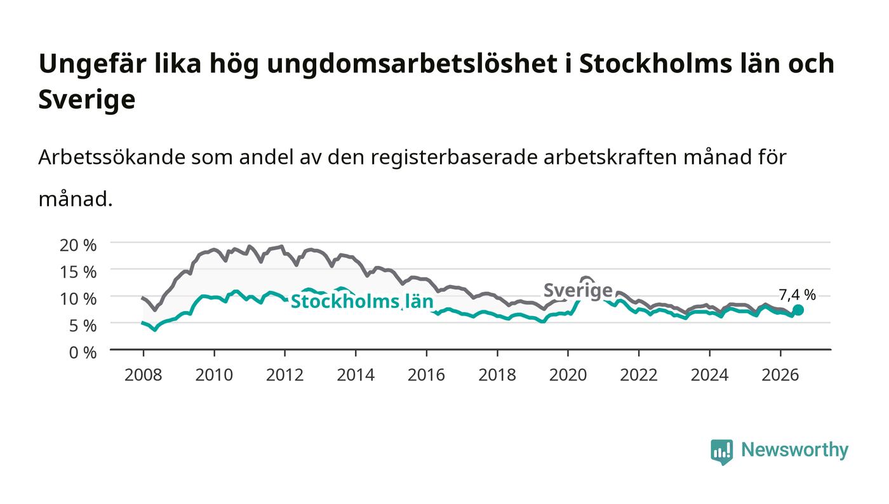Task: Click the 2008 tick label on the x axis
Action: pyautogui.click(x=144, y=375)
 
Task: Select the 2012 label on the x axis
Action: pyautogui.click(x=285, y=375)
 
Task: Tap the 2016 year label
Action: pyautogui.click(x=426, y=375)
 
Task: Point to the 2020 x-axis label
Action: pyautogui.click(x=568, y=375)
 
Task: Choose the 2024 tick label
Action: pyautogui.click(x=710, y=375)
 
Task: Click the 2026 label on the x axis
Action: pyautogui.click(x=780, y=375)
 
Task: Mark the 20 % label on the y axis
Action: pyautogui.click(x=78, y=245)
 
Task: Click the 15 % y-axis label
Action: pyautogui.click(x=78, y=272)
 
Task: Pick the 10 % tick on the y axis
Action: pyautogui.click(x=78, y=299)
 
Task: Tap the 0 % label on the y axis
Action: pyautogui.click(x=83, y=352)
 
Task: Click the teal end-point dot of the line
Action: pyautogui.click(x=798, y=310)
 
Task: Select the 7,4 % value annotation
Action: pyautogui.click(x=798, y=295)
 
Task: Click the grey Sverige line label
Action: pyautogui.click(x=578, y=290)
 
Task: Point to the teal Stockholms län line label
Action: pyautogui.click(x=362, y=302)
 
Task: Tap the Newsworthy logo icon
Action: pyautogui.click(x=722, y=451)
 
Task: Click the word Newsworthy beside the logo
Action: pyautogui.click(x=794, y=450)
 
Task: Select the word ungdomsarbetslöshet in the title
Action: pyautogui.click(x=412, y=63)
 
